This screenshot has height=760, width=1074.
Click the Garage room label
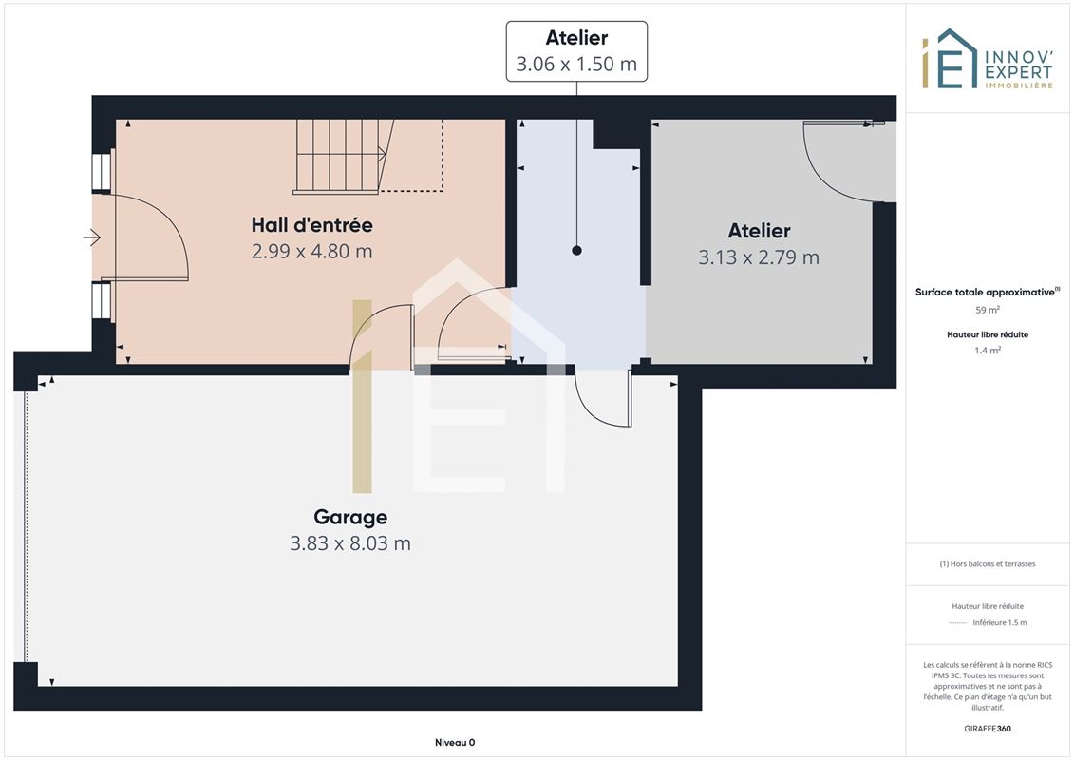tap(350, 517)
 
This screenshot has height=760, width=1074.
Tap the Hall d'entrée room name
tap(311, 225)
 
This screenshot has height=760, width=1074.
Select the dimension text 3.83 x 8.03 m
tap(350, 543)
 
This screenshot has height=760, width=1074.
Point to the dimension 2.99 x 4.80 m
tap(311, 252)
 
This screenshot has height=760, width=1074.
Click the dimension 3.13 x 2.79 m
tap(758, 257)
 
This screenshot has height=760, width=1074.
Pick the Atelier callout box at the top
tap(576, 51)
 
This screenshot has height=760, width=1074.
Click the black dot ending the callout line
tap(576, 251)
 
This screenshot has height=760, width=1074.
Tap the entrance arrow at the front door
tap(92, 237)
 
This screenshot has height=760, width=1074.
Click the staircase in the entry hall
tap(344, 156)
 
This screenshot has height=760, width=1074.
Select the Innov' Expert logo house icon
tap(950, 59)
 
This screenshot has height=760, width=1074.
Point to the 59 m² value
tap(988, 310)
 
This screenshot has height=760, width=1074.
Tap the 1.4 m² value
tap(988, 351)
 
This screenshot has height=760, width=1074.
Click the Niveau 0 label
tap(455, 742)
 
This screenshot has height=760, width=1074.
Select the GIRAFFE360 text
tap(987, 729)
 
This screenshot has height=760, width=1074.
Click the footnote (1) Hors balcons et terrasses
tap(987, 564)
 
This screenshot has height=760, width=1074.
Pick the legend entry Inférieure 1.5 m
tap(999, 623)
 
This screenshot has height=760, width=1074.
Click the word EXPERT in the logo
tap(1018, 72)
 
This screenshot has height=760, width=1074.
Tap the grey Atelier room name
tap(759, 231)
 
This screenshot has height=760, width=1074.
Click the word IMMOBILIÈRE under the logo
tap(1019, 85)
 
